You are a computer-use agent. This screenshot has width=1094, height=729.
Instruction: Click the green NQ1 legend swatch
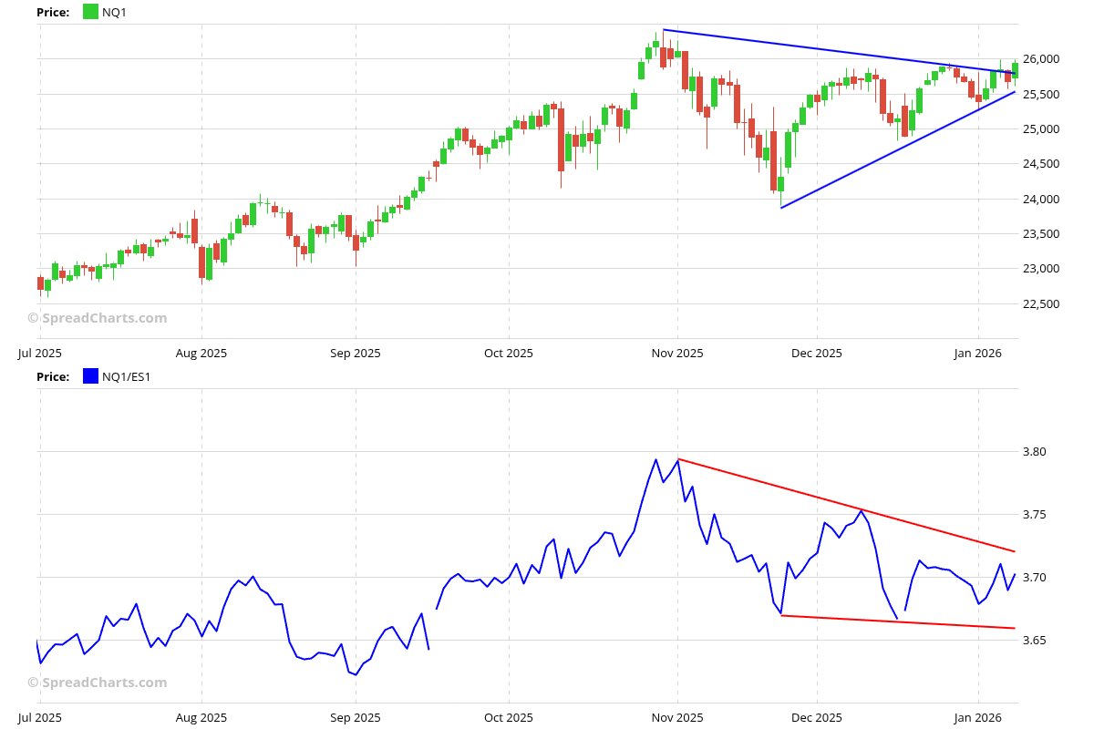coord(90,12)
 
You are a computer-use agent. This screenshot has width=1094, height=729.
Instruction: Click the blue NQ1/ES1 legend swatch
coord(90,376)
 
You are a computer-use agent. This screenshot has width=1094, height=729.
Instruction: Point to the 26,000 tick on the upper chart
coord(1040,59)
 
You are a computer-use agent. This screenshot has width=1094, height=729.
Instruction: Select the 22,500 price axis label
coord(1040,303)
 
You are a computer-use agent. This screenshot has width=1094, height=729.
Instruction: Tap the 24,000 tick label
coord(1040,200)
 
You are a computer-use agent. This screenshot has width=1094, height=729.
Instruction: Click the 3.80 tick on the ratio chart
coord(1035,452)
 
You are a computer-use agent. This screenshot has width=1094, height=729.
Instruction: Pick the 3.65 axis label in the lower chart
coord(1035,641)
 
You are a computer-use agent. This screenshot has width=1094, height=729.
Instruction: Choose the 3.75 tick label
coord(1035,515)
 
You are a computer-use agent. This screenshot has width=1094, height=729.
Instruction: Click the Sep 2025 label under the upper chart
coord(355,353)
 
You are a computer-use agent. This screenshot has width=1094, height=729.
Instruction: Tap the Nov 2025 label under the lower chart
coord(677,717)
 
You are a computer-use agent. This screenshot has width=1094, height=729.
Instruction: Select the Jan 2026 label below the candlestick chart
coord(978,353)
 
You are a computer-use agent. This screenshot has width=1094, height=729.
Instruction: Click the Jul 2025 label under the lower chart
coord(39,717)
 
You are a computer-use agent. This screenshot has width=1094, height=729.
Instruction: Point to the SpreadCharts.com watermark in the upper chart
coord(98,318)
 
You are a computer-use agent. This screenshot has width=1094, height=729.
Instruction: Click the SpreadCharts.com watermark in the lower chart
coord(98,683)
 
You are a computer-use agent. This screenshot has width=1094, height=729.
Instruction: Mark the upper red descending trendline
coord(848,506)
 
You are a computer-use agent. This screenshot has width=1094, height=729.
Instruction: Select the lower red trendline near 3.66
coord(898,621)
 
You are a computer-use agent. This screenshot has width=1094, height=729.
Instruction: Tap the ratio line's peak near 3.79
coord(656,459)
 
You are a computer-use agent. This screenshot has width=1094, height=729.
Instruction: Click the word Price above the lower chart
coord(52,376)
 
